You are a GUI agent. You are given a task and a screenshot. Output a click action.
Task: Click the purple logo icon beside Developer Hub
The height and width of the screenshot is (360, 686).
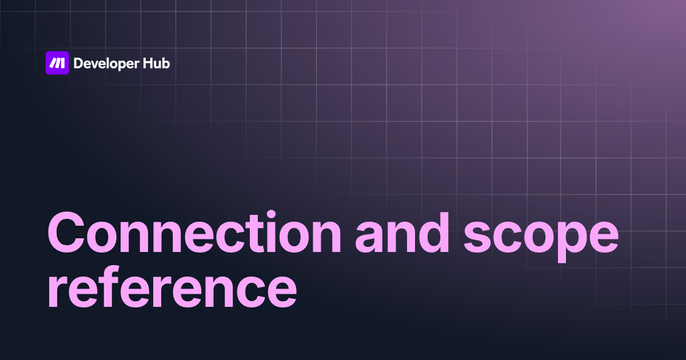(x=57, y=63)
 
